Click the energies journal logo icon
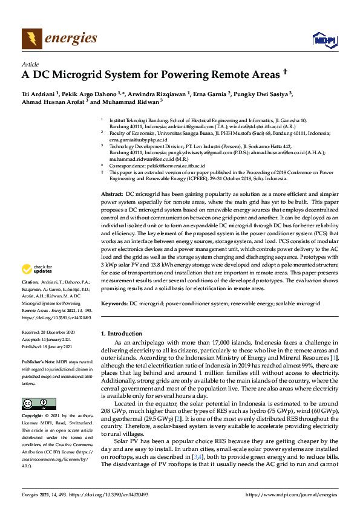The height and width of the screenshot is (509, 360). (x=31, y=39)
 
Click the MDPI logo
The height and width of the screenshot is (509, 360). (x=324, y=40)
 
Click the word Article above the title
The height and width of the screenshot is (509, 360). (x=30, y=63)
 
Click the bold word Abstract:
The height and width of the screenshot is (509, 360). (x=112, y=191)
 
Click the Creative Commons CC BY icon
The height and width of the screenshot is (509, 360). (x=35, y=387)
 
